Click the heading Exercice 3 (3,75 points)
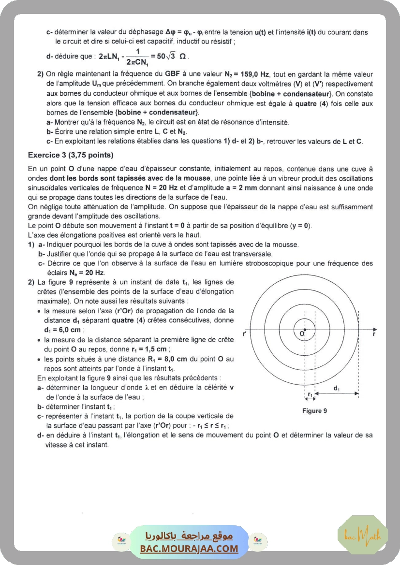coord(71,155)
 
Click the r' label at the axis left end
coord(244,333)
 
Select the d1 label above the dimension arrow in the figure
coord(337,388)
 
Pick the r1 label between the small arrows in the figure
coord(310,394)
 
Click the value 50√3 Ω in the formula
coord(168,56)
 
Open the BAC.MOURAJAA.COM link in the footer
coord(189,549)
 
